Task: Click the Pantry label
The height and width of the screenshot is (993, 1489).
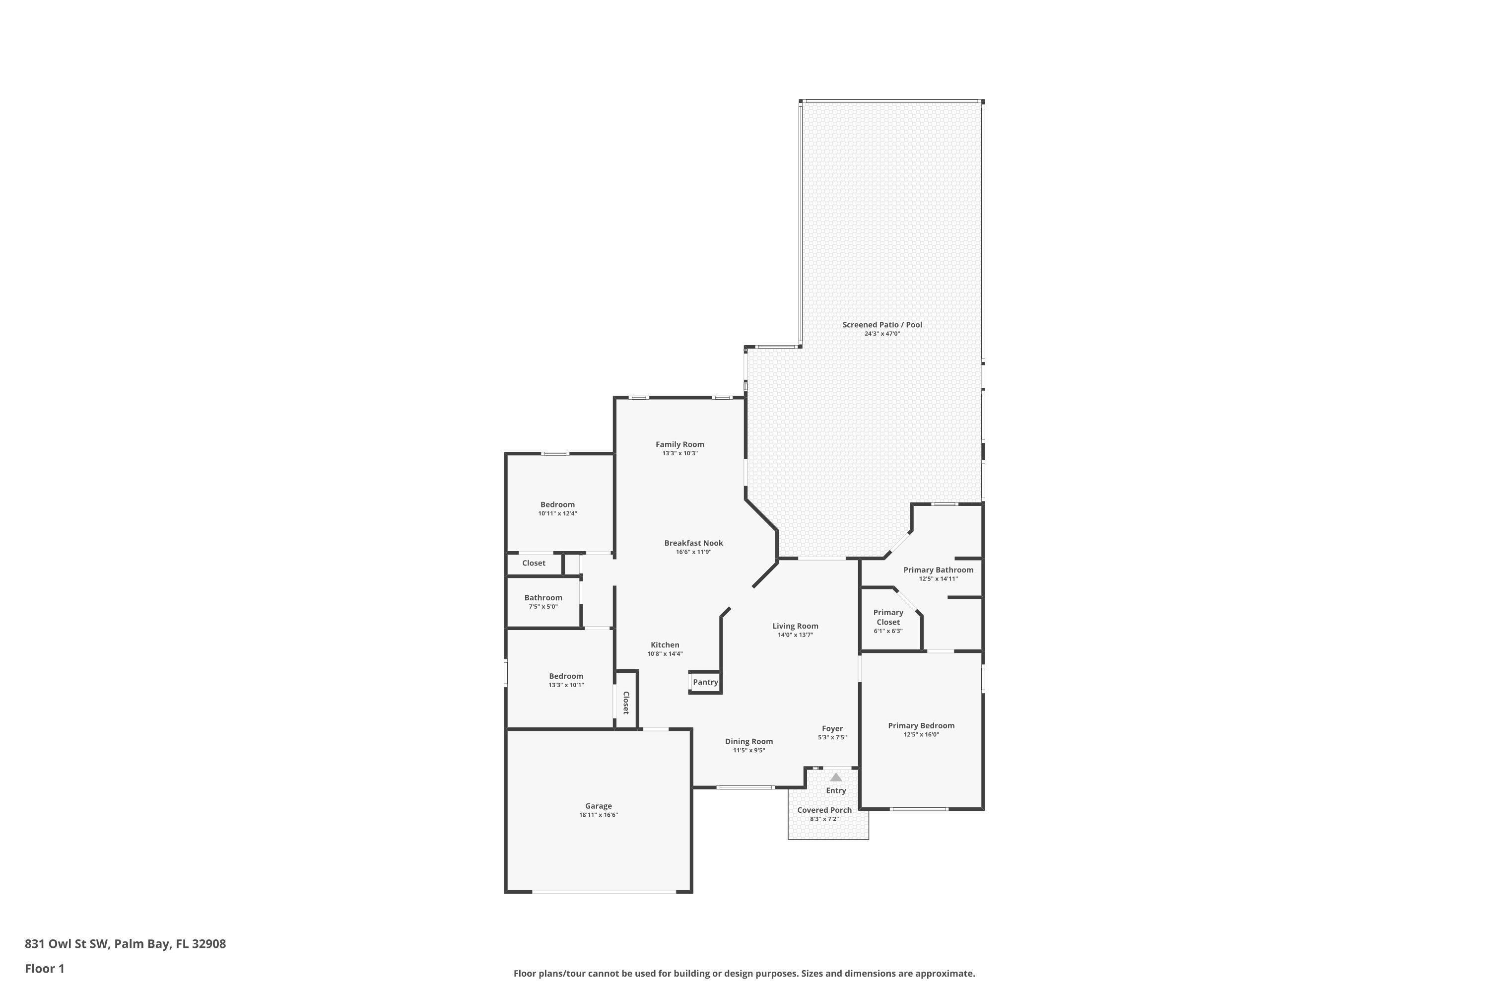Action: coord(705,682)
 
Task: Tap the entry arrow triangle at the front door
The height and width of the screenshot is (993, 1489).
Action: coord(836,777)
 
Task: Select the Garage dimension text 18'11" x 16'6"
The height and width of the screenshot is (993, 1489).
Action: coord(598,815)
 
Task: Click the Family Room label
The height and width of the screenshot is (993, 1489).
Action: coord(679,444)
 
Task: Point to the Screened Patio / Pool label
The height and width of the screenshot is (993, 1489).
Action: coord(882,325)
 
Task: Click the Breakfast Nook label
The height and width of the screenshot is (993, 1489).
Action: coord(693,543)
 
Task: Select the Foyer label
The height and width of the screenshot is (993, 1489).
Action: coord(832,728)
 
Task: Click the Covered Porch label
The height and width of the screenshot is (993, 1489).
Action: coord(824,810)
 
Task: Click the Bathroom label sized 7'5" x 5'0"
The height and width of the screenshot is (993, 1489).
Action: coord(543,598)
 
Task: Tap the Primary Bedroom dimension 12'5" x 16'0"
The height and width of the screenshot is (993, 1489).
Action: coord(921,735)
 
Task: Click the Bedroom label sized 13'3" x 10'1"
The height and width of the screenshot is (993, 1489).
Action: coord(566,676)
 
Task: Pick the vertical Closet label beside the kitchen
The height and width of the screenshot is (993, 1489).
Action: coord(625,703)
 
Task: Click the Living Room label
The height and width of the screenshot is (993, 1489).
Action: coord(795,626)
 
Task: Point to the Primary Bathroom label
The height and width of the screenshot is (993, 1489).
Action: coord(938,570)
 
